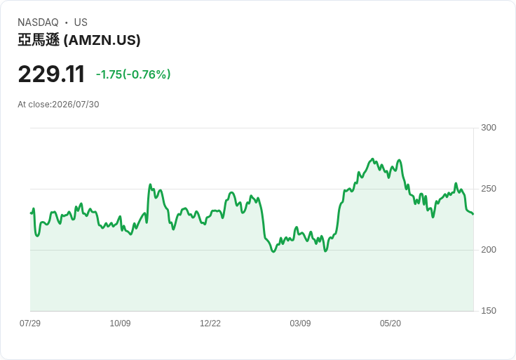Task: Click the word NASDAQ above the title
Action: click(x=38, y=22)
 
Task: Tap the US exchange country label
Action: click(x=81, y=22)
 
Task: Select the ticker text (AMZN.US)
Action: click(x=102, y=40)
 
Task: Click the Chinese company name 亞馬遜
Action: click(x=39, y=40)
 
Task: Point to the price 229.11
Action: click(x=51, y=74)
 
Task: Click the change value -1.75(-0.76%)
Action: click(x=133, y=74)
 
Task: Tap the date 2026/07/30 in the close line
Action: click(x=76, y=105)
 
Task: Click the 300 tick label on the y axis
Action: click(x=489, y=128)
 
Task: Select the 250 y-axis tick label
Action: click(x=489, y=189)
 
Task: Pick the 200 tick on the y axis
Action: click(x=489, y=250)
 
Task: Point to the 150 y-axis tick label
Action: click(x=489, y=311)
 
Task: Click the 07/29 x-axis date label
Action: click(x=30, y=324)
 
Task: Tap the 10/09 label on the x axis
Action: click(x=120, y=324)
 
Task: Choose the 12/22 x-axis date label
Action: click(x=210, y=324)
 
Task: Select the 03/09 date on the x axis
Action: click(x=300, y=324)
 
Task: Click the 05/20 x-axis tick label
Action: click(x=391, y=324)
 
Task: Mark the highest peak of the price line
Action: click(x=373, y=159)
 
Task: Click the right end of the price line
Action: click(x=473, y=214)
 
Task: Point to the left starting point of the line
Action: click(x=31, y=213)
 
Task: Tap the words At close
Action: click(x=34, y=105)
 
